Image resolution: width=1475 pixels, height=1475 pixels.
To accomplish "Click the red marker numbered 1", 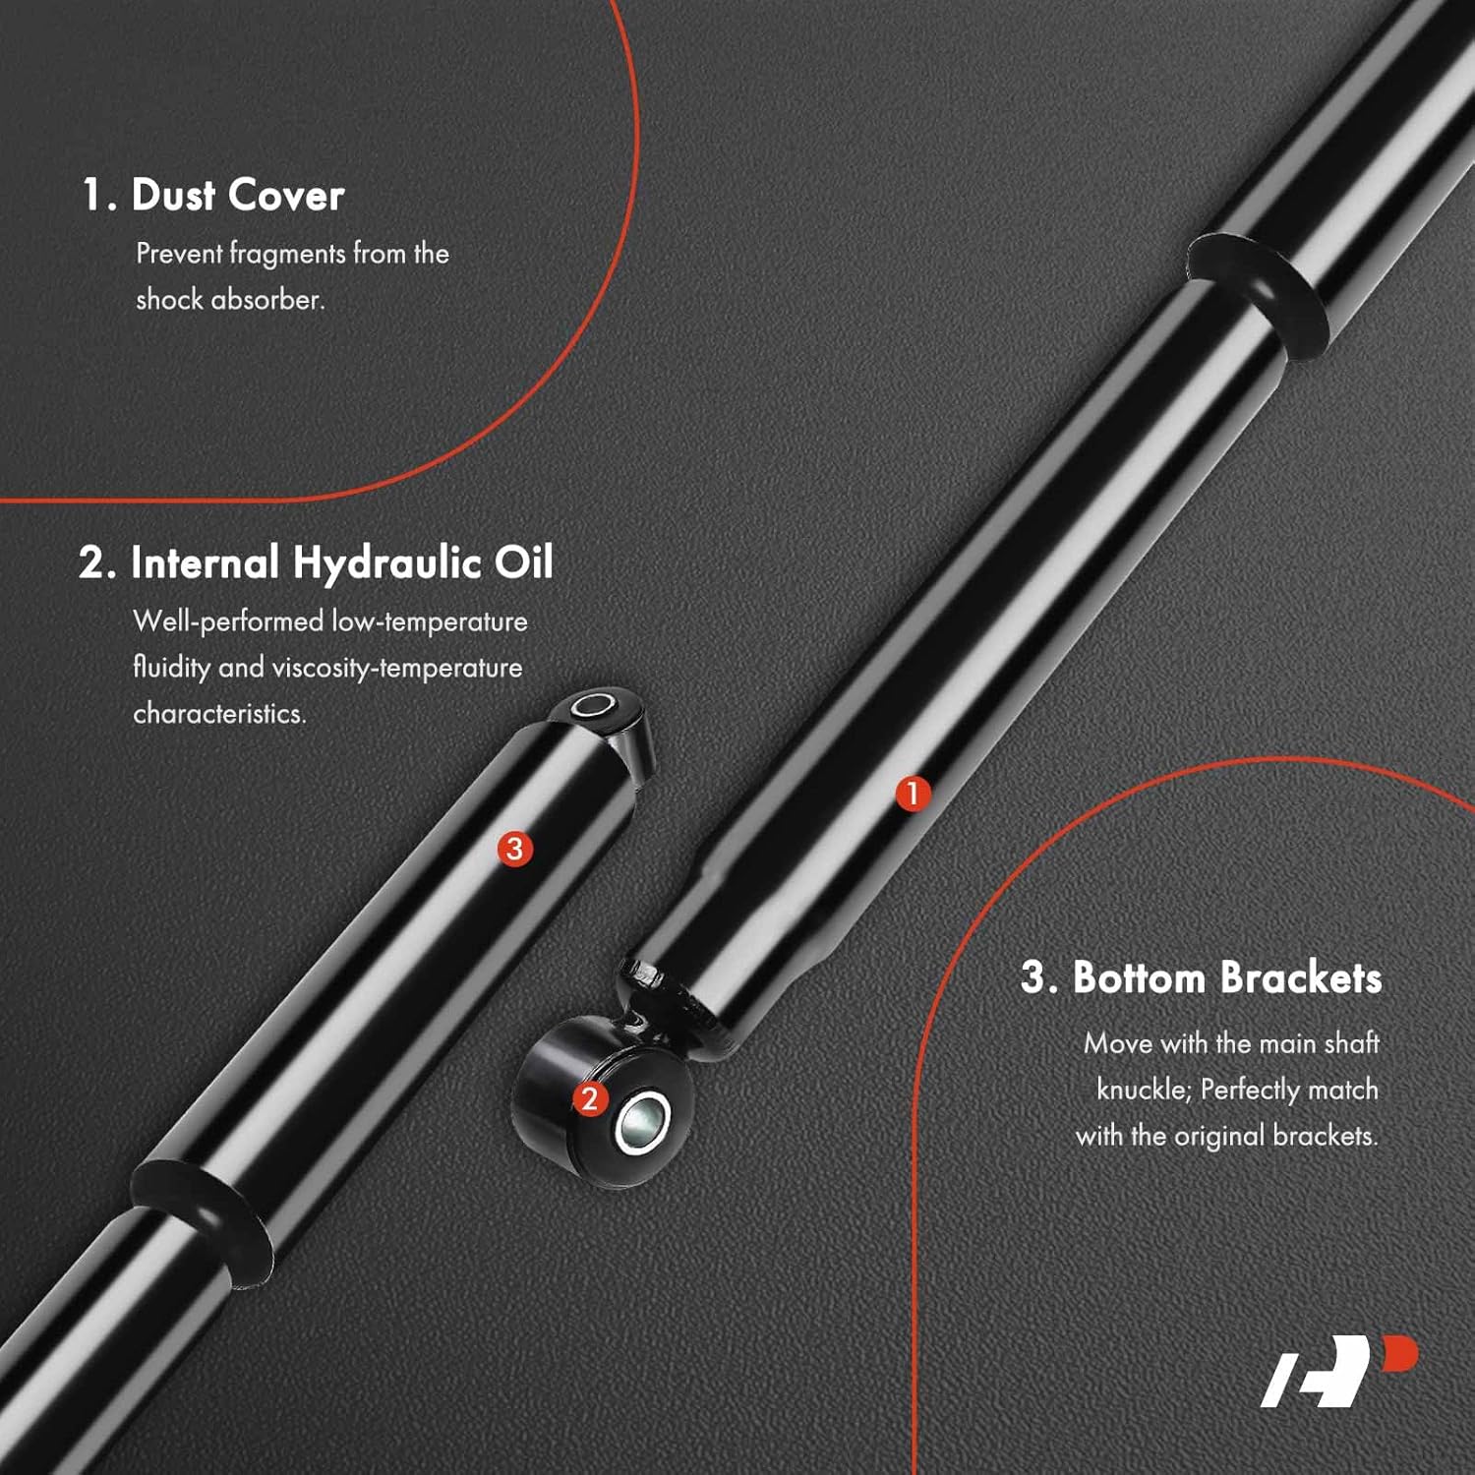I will [x=913, y=793].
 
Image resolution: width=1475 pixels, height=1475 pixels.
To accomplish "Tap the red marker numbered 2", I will [x=590, y=1098].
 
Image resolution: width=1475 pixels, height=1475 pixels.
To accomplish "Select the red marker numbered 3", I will [x=514, y=848].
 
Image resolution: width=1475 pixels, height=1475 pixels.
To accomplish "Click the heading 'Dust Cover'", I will [x=237, y=195].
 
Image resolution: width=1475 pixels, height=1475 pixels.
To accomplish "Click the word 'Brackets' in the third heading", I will [x=1301, y=977].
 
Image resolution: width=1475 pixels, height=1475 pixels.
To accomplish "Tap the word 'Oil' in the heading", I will [x=523, y=562].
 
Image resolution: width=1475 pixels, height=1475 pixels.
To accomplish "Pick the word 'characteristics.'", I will [x=219, y=713].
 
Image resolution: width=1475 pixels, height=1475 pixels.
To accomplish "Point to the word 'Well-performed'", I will [x=228, y=621].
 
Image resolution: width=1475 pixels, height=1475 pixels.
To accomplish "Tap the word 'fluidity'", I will [x=171, y=668].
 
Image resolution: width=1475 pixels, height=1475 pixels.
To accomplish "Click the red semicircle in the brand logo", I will [x=1400, y=1353].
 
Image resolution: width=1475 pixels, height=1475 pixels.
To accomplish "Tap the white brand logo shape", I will [x=1318, y=1372].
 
